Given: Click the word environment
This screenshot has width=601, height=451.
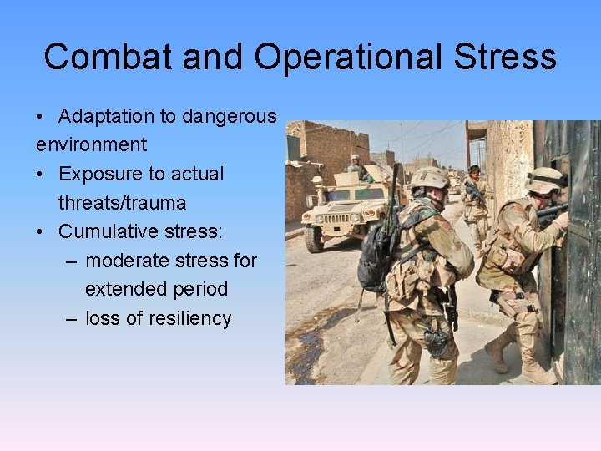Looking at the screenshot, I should click(x=91, y=144).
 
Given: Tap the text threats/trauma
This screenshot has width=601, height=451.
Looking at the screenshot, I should click(x=122, y=203).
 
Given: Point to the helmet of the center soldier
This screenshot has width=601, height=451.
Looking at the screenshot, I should click(x=429, y=177).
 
